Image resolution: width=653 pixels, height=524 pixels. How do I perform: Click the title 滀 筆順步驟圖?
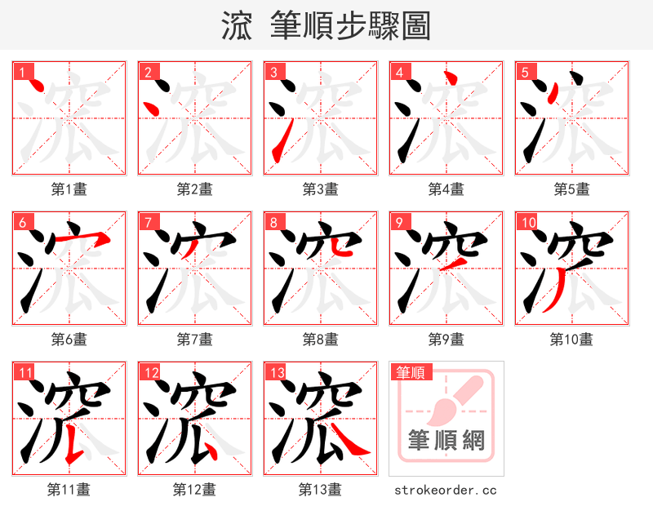(326, 25)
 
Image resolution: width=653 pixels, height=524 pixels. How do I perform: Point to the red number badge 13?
(277, 373)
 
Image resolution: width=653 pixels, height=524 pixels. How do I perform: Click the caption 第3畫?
(320, 189)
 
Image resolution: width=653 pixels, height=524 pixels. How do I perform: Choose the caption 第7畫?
(194, 339)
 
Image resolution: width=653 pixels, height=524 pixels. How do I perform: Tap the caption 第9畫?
(446, 339)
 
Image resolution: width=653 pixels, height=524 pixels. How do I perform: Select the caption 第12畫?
(194, 490)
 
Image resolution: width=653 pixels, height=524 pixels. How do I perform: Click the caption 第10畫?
(571, 339)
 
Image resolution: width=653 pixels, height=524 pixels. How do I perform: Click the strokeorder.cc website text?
(446, 490)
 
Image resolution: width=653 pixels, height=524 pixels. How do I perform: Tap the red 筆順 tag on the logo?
(410, 373)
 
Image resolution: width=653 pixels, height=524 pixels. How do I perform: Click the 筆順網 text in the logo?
(446, 442)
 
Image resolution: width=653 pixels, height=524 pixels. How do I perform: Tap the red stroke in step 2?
(151, 106)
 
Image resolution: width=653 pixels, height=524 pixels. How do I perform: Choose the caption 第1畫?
(69, 189)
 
